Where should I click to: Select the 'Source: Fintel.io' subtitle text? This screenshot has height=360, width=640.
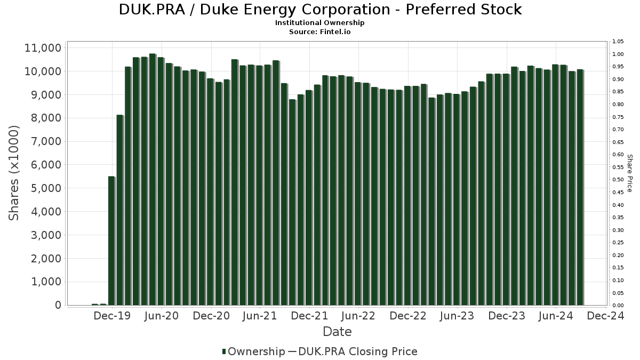pyautogui.click(x=319, y=32)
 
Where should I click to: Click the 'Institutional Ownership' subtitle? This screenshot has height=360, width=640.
pyautogui.click(x=319, y=23)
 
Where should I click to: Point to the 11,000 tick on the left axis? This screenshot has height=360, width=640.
pyautogui.click(x=43, y=48)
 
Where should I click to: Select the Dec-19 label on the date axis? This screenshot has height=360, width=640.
pyautogui.click(x=111, y=316)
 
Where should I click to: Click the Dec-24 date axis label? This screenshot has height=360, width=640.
pyautogui.click(x=605, y=316)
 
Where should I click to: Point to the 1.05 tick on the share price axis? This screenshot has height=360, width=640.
pyautogui.click(x=618, y=42)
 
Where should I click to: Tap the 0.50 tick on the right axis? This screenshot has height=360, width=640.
pyautogui.click(x=618, y=180)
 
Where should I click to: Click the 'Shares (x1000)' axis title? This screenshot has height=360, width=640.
pyautogui.click(x=14, y=173)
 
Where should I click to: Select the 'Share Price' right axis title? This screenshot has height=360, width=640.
pyautogui.click(x=629, y=173)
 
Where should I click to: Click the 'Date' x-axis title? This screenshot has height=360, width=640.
pyautogui.click(x=337, y=332)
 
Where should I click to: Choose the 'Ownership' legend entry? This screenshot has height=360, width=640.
pyautogui.click(x=253, y=351)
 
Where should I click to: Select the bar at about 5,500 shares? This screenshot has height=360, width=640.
pyautogui.click(x=111, y=241)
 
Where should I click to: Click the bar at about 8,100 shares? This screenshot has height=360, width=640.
pyautogui.click(x=120, y=210)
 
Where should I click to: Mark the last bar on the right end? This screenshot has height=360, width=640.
pyautogui.click(x=580, y=187)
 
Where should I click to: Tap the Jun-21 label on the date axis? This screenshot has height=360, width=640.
pyautogui.click(x=259, y=316)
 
